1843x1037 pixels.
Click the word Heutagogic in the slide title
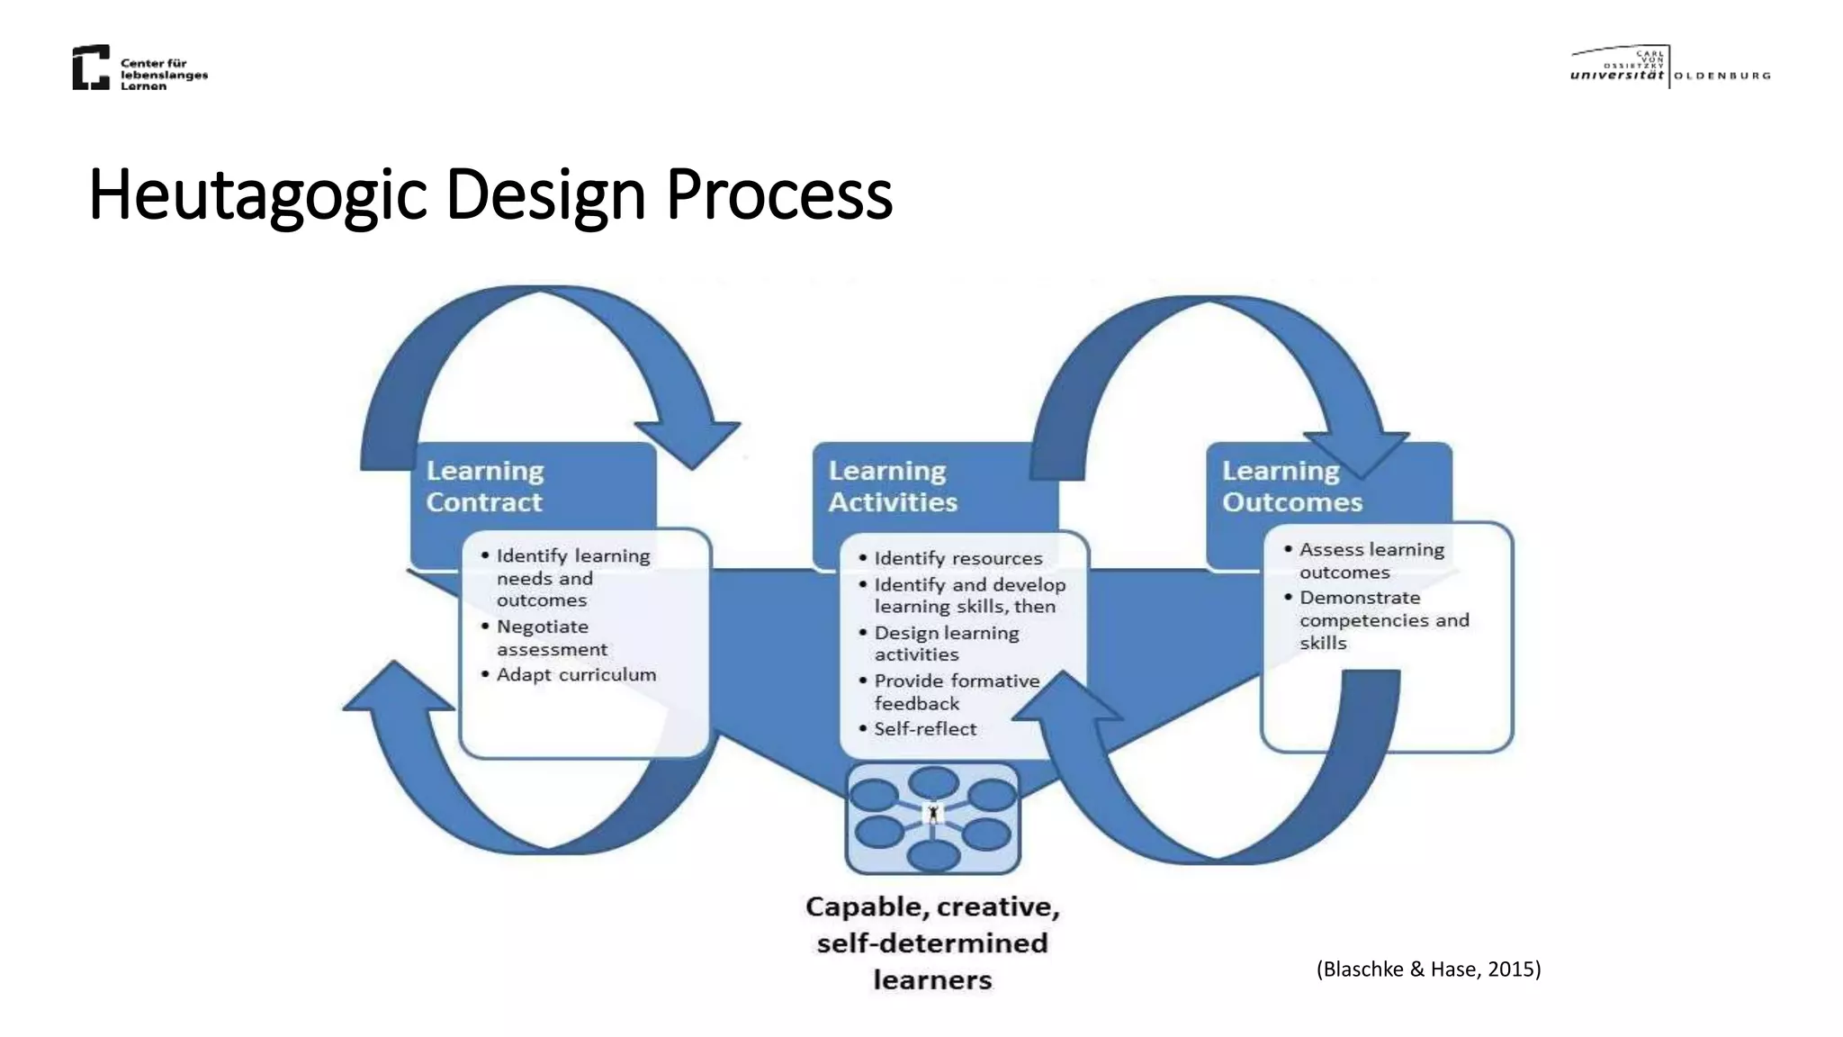point(257,194)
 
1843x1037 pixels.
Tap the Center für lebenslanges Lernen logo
point(139,68)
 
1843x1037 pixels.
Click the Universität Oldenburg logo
point(1669,67)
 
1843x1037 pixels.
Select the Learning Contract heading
point(484,486)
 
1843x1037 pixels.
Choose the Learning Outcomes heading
point(1291,486)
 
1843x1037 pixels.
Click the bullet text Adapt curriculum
point(576,674)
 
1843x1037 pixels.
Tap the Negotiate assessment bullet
point(551,637)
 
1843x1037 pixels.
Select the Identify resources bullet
point(957,558)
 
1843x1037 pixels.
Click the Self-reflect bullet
point(924,728)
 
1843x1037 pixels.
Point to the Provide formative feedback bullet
point(956,691)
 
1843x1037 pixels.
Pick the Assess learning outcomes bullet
point(1371,560)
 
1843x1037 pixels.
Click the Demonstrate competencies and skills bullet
point(1383,619)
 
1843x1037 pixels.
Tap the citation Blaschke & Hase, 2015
point(1428,969)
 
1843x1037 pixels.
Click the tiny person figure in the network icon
point(933,814)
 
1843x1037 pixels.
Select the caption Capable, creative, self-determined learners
point(932,942)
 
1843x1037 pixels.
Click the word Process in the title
point(778,194)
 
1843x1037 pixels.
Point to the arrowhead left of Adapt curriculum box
point(397,690)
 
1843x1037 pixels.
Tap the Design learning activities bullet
point(946,643)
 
